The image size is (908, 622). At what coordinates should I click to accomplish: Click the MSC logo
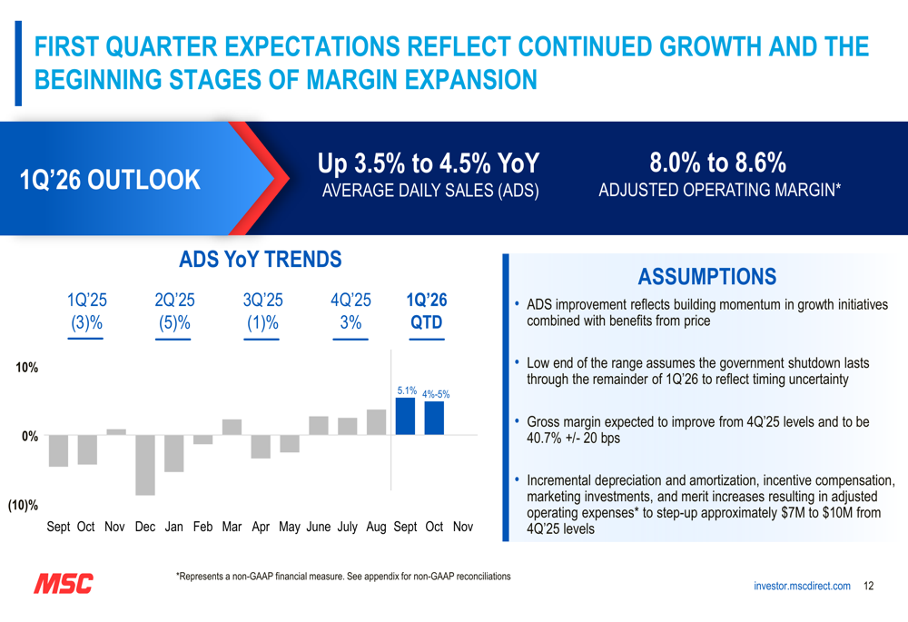click(64, 584)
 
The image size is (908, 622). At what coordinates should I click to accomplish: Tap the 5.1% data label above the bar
click(406, 390)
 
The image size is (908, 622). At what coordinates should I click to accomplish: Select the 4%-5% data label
click(436, 394)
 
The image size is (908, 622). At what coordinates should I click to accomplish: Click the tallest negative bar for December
click(145, 465)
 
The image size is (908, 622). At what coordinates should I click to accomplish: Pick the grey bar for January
click(174, 453)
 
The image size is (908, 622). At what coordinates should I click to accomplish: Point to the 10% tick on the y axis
click(25, 367)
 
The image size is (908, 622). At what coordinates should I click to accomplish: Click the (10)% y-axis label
click(24, 505)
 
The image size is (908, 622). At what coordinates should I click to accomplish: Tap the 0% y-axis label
click(30, 436)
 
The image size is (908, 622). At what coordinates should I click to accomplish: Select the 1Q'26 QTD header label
click(427, 311)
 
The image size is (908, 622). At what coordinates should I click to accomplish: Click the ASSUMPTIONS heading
click(706, 276)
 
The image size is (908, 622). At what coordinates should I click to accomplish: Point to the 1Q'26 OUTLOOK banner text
click(110, 179)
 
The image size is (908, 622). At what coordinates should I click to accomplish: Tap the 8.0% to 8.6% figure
click(718, 163)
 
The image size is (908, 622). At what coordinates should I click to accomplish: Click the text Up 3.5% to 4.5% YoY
click(429, 163)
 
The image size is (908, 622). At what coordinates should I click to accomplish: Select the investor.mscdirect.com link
click(802, 587)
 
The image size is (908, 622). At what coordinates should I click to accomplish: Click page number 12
click(869, 587)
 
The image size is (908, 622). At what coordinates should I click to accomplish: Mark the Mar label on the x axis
click(232, 527)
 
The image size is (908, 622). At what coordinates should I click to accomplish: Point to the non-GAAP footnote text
click(343, 577)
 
